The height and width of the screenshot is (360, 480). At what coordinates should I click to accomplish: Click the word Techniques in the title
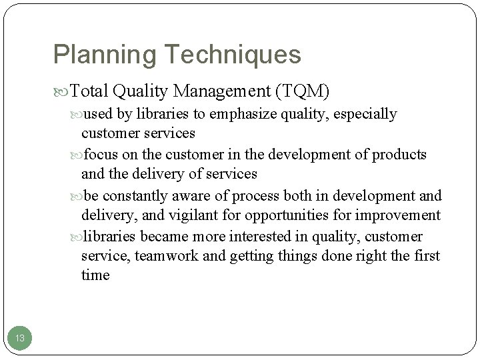click(229, 55)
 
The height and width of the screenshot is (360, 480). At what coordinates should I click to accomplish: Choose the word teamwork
click(162, 256)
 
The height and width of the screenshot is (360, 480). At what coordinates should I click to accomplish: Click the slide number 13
click(20, 339)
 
